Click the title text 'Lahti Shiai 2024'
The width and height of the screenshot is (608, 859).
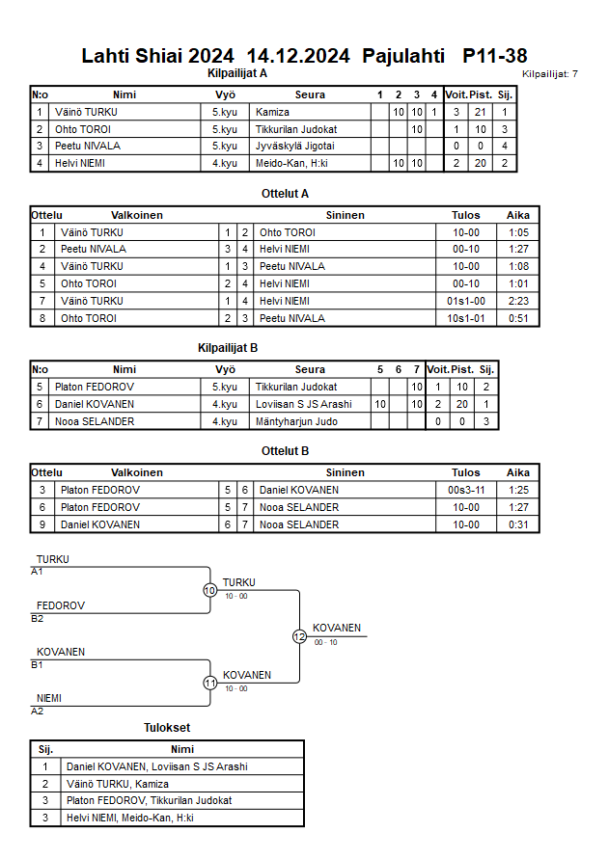(x=157, y=56)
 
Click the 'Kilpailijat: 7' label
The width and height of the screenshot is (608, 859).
(x=550, y=74)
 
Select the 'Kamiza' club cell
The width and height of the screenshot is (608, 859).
(x=272, y=112)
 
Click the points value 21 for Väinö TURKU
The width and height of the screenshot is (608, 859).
(x=480, y=112)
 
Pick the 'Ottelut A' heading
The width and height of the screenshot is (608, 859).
(x=285, y=193)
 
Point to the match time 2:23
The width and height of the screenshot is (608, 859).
(x=518, y=301)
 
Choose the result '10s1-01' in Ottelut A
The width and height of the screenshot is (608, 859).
(x=466, y=318)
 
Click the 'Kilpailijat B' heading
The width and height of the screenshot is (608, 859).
(x=228, y=349)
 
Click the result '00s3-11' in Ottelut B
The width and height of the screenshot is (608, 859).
(x=466, y=490)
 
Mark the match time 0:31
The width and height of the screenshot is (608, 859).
(x=518, y=524)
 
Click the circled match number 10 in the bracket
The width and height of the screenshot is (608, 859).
(x=210, y=590)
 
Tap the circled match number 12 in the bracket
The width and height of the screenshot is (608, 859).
(x=299, y=636)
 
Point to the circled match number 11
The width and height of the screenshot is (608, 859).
(x=210, y=683)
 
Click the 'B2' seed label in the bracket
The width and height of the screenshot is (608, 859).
(x=37, y=619)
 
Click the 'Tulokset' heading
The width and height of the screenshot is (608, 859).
(x=168, y=728)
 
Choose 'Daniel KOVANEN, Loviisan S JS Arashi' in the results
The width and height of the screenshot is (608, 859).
(x=157, y=766)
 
